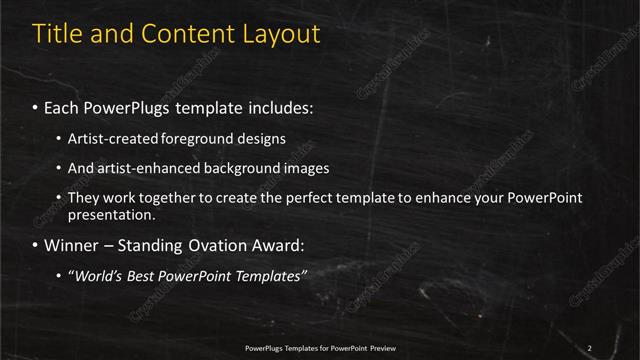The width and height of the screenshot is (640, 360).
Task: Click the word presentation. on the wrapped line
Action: pyautogui.click(x=110, y=214)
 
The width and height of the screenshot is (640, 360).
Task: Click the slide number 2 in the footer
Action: pyautogui.click(x=589, y=347)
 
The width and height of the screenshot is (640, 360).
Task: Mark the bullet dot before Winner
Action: pyautogui.click(x=36, y=245)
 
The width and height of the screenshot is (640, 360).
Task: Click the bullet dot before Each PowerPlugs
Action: pyautogui.click(x=36, y=107)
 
